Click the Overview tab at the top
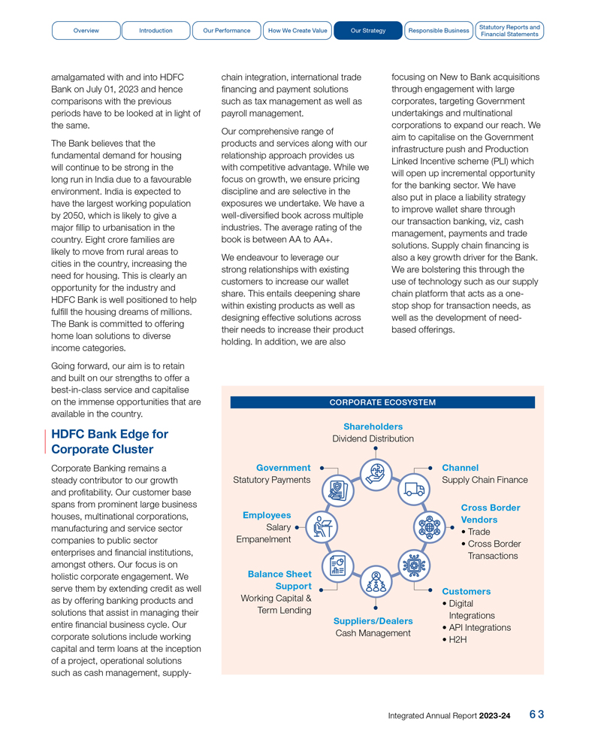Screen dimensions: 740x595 86,31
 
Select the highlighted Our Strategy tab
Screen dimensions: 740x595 368,31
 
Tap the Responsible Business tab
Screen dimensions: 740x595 438,31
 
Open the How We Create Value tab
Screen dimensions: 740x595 297,31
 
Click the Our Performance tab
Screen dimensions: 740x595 226,31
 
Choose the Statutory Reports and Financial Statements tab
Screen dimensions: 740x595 509,31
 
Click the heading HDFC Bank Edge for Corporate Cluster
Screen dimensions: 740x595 110,441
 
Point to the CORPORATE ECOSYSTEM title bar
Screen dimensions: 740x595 382,402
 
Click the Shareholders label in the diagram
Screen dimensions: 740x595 373,426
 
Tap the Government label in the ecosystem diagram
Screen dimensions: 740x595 283,468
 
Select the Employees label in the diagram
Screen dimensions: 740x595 267,515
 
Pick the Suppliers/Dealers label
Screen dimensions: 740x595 373,621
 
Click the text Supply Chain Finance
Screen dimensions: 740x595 485,480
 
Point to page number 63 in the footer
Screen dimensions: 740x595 536,714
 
